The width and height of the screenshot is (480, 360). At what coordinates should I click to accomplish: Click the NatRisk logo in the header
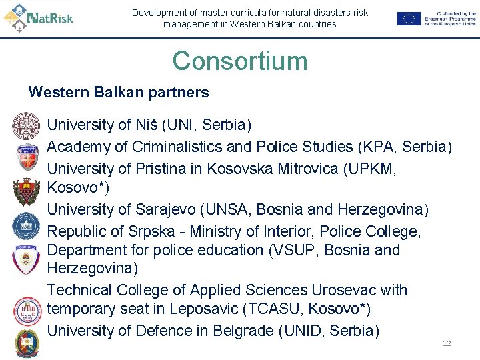[39, 17]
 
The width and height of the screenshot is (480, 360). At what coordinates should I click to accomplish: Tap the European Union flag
[408, 19]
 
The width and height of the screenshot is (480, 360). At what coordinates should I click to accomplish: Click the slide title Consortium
[240, 61]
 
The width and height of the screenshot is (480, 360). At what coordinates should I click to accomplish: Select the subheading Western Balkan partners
[119, 93]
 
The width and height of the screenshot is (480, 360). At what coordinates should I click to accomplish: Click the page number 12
[447, 343]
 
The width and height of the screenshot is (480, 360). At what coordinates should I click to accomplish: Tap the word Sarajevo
[167, 209]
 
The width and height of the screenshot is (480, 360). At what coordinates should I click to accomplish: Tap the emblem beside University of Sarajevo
[27, 226]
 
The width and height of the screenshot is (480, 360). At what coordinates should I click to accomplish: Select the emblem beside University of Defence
[27, 343]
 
